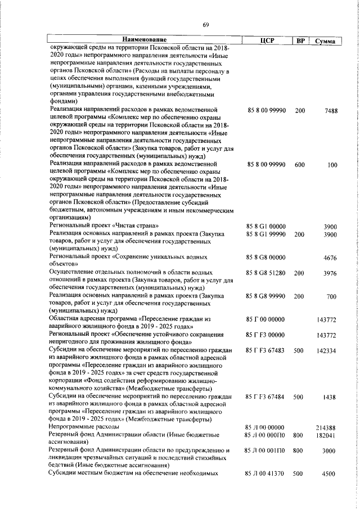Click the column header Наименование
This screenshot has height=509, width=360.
click(145, 40)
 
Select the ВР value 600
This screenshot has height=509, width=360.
click(300, 165)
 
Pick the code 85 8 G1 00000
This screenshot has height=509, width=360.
click(267, 226)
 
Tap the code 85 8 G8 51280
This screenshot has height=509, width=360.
click(267, 273)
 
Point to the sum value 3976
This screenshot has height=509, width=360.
click(330, 273)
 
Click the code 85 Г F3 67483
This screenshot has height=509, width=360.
click(267, 350)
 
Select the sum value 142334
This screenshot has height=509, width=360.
click(326, 350)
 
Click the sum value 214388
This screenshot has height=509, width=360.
click(326, 428)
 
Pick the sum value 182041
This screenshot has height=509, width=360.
click(326, 435)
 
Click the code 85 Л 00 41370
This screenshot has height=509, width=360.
click(267, 474)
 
